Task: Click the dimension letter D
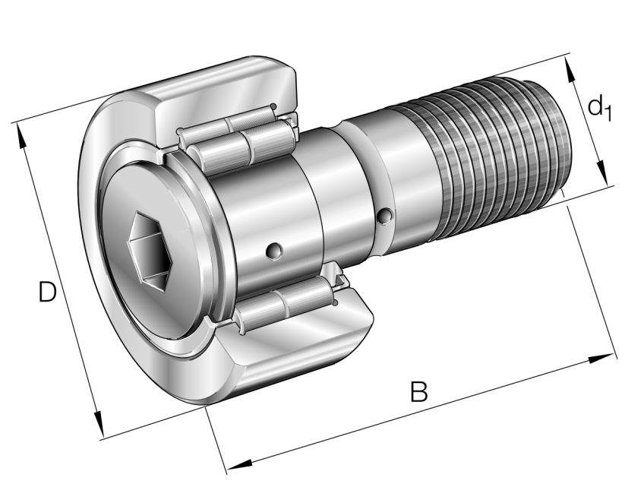point(47,292)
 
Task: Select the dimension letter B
point(419,392)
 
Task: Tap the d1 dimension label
point(599,107)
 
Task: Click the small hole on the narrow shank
point(387,218)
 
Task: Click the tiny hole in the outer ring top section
point(273,106)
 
